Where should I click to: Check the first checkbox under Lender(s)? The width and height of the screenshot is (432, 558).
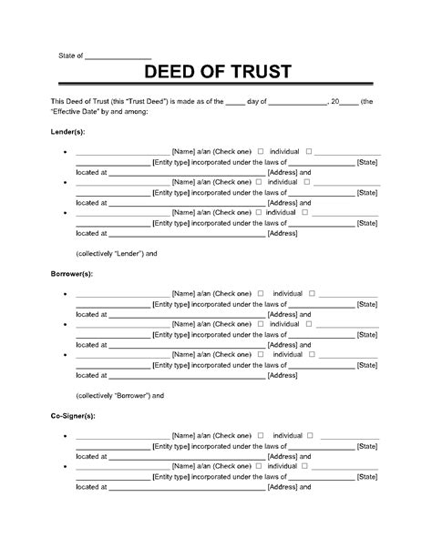point(262,151)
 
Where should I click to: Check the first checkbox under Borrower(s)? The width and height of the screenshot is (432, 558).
point(262,293)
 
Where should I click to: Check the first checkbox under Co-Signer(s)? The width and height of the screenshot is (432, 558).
point(262,436)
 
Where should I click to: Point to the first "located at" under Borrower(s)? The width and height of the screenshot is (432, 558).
point(91,314)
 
